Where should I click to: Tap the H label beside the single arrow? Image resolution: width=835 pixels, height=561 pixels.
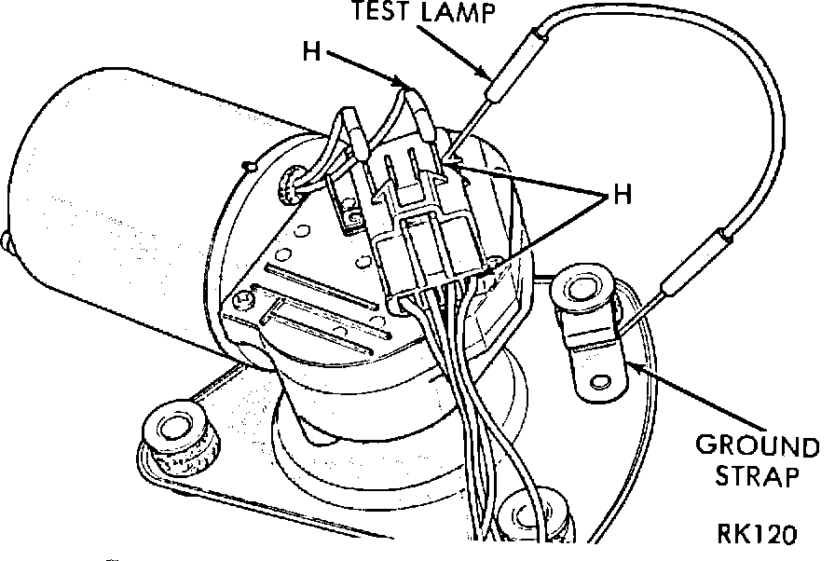[x=313, y=50]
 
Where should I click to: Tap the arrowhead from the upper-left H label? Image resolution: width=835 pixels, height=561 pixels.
[x=407, y=86]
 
